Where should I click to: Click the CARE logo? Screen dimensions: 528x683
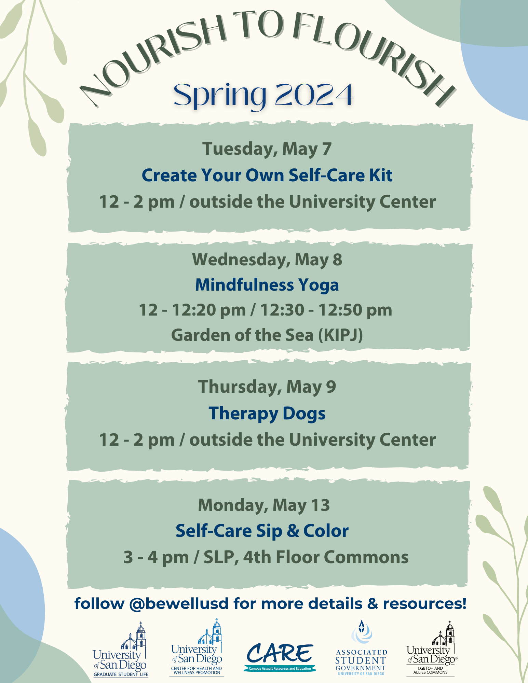click(x=280, y=657)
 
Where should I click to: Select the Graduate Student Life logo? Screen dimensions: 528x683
click(x=121, y=649)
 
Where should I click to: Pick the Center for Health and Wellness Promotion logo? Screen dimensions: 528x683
click(x=197, y=647)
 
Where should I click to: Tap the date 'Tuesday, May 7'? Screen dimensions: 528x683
click(x=267, y=149)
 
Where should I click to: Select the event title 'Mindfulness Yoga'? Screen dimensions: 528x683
click(x=267, y=285)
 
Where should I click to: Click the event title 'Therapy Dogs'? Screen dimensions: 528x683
click(x=267, y=414)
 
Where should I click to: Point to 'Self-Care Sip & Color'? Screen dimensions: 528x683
click(x=262, y=531)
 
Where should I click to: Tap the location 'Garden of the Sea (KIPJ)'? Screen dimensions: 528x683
click(x=267, y=335)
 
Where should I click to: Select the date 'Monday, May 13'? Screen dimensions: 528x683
click(x=264, y=505)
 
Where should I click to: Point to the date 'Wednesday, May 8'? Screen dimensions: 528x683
click(x=267, y=260)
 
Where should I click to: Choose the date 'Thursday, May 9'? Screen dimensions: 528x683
click(x=267, y=387)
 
